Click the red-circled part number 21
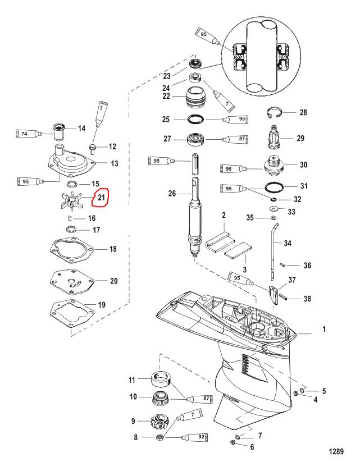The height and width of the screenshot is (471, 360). point(101,197)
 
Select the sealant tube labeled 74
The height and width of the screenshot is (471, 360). point(29,134)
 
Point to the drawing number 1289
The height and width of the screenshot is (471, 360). point(336,451)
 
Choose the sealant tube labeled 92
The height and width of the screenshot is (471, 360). point(195,437)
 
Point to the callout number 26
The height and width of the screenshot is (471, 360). point(172,193)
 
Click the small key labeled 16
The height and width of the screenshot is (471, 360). point(69,217)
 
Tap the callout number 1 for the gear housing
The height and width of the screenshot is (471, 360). point(324,329)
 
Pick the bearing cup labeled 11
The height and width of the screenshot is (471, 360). point(161,378)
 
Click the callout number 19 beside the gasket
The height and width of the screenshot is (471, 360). point(102,305)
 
